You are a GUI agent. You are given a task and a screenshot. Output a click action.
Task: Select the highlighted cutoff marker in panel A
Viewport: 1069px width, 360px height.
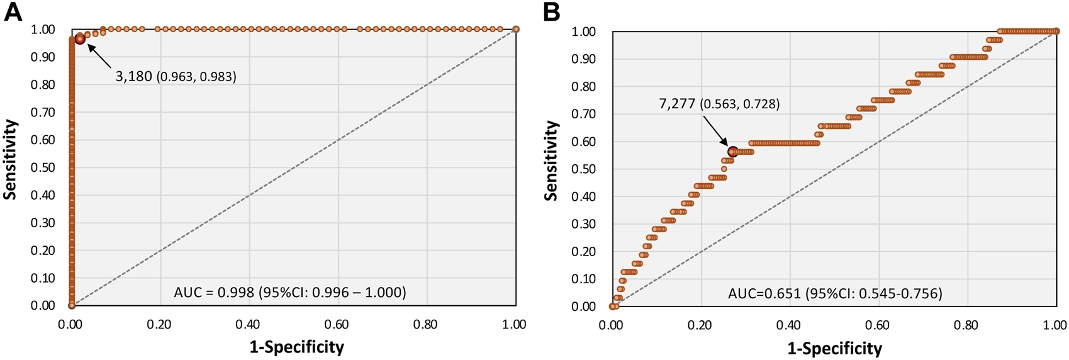click(80, 39)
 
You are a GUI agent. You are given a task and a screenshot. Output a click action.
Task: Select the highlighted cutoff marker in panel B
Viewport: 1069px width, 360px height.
click(732, 152)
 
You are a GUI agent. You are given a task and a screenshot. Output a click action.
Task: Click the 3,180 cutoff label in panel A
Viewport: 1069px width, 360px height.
click(176, 77)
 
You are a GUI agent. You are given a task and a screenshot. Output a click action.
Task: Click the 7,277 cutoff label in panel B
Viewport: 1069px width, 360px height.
click(719, 104)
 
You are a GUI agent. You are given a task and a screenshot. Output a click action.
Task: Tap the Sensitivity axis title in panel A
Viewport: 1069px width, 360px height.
click(11, 159)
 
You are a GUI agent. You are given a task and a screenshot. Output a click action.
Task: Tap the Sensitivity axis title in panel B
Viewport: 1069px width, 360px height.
click(552, 160)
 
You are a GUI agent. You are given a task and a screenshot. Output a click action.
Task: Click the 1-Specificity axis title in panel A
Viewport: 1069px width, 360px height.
click(297, 347)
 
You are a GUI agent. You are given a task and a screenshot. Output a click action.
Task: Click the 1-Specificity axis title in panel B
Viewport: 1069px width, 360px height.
click(835, 348)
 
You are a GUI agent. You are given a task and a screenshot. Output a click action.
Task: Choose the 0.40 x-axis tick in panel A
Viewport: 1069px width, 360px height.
click(249, 325)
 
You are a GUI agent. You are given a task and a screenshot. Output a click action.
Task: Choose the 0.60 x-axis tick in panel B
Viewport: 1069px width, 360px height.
click(878, 325)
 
